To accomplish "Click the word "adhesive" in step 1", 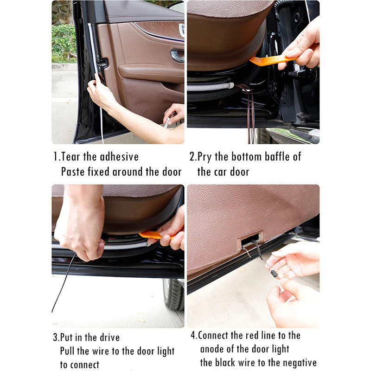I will (x=119, y=156).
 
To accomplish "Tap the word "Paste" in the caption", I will (x=74, y=172).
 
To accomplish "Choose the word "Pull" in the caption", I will (x=69, y=351).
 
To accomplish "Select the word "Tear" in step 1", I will (x=70, y=156).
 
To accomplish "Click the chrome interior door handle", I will (x=177, y=56).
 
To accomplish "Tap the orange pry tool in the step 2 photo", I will (x=269, y=60).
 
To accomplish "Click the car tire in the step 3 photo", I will (x=173, y=294).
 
